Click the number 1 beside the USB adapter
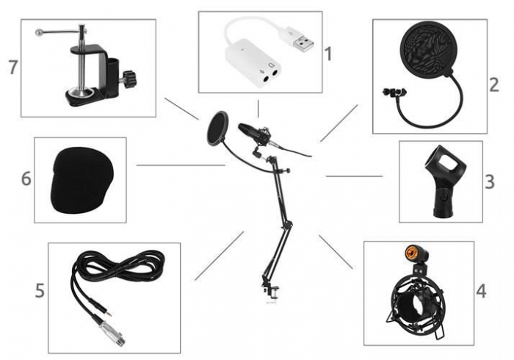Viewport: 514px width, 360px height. click(329, 54)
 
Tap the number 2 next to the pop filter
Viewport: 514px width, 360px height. click(493, 84)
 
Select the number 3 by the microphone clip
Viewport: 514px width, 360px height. click(489, 181)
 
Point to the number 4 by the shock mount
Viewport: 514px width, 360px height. click(481, 291)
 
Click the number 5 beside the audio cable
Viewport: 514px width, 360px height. click(40, 291)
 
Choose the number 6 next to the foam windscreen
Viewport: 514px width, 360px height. click(26, 179)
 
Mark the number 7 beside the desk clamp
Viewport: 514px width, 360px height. click(12, 67)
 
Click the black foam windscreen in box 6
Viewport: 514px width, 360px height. click(80, 180)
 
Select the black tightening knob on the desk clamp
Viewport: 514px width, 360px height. click(130, 76)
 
